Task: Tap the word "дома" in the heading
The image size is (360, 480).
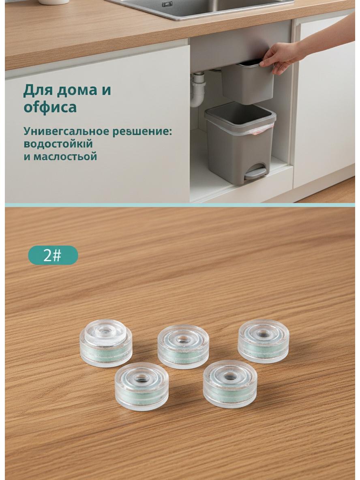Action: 73,90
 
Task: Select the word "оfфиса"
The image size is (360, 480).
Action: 50,107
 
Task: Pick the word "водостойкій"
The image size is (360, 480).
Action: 58,144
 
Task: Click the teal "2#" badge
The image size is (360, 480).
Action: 53,255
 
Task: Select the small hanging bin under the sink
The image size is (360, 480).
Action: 247,83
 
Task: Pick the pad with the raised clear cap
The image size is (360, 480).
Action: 106,343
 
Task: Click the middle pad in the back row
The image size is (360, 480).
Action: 183,347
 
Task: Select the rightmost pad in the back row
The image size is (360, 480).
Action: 264,341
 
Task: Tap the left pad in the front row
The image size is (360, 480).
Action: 141,386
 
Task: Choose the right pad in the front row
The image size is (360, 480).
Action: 230,384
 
